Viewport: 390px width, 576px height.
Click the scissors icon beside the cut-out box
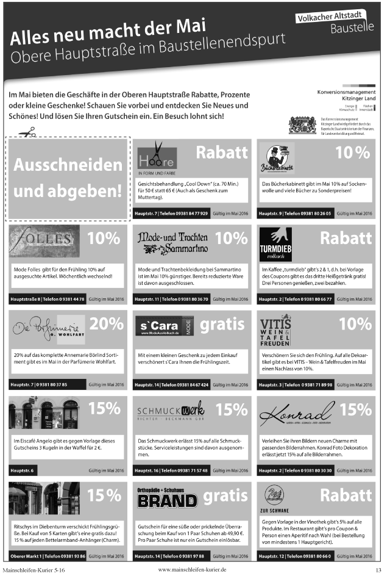[27, 131]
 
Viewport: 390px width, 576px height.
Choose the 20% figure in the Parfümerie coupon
[107, 323]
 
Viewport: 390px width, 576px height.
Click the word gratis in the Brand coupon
[225, 495]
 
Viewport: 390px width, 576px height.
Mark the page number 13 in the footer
[378, 569]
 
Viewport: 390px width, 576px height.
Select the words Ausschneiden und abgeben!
[68, 178]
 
